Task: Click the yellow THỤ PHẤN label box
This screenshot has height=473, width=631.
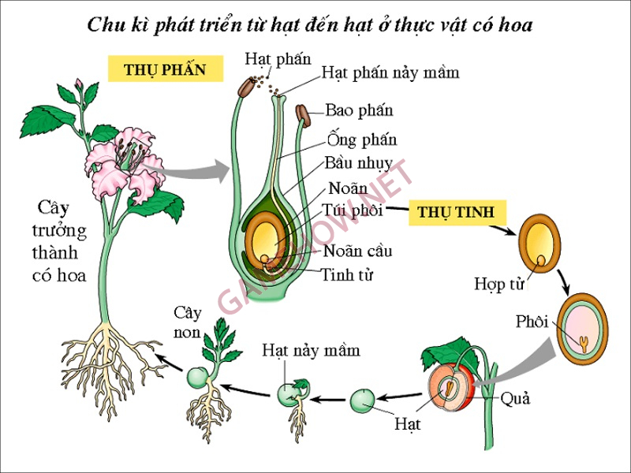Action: (x=164, y=69)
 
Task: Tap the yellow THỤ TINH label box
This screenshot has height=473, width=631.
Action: (x=456, y=212)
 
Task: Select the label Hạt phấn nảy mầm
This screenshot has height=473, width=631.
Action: (x=390, y=73)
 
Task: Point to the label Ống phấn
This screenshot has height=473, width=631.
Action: (x=361, y=140)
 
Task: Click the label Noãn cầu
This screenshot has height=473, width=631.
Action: (x=357, y=251)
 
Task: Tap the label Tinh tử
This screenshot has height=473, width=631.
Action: (x=347, y=274)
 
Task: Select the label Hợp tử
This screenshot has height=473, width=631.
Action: (x=499, y=284)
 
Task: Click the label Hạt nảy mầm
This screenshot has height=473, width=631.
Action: (x=311, y=349)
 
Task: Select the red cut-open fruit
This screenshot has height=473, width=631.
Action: (x=451, y=385)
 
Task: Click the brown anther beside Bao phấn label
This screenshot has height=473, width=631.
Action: (x=304, y=117)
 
